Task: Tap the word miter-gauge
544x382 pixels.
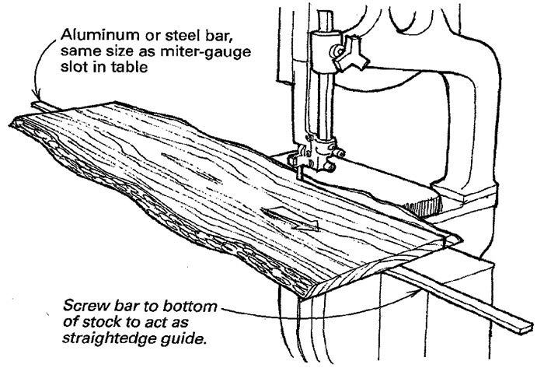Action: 172,51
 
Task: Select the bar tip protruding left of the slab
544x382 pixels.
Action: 35,104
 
